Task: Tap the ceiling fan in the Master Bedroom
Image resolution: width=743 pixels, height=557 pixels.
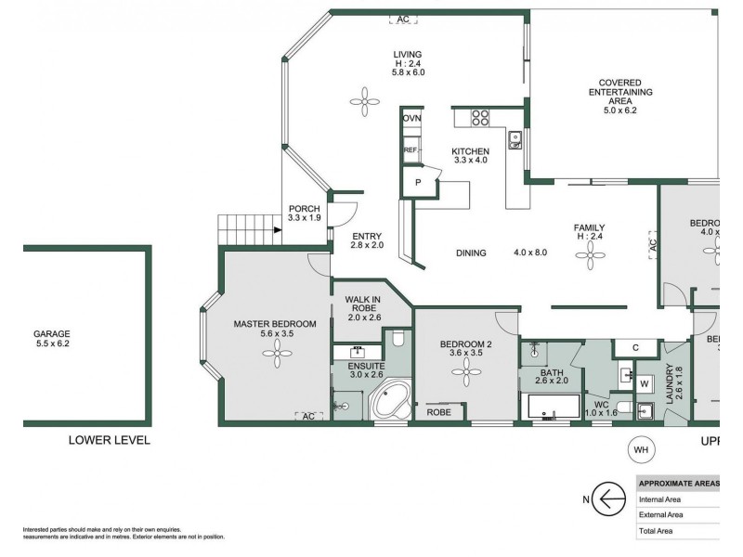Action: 276,347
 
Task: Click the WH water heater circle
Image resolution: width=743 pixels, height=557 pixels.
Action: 640,450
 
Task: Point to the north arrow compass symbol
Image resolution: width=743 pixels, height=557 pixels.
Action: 608,499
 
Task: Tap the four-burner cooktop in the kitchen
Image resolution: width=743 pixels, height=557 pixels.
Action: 480,118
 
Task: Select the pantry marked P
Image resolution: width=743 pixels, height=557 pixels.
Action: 418,183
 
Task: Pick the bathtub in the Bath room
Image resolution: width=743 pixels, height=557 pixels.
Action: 548,408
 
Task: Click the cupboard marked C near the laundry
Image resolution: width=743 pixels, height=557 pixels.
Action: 635,348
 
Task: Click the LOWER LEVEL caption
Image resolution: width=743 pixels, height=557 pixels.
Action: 110,440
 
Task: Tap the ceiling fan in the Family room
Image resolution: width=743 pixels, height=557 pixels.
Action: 591,260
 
